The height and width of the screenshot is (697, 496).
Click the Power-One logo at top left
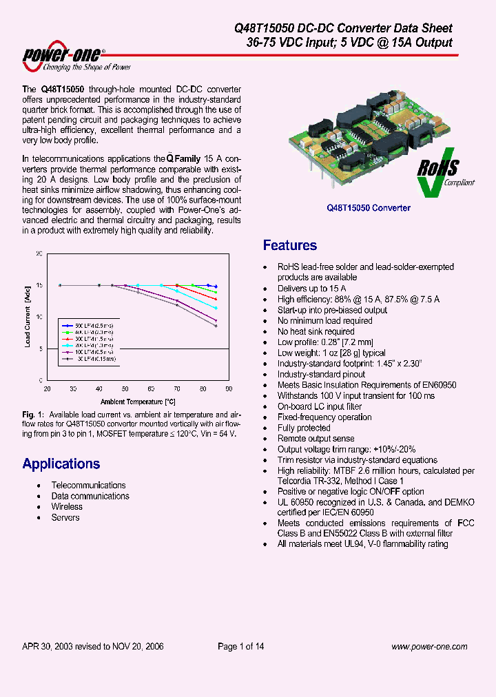76,59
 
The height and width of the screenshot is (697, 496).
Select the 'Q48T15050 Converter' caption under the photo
369,207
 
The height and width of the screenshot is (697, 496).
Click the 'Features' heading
290,246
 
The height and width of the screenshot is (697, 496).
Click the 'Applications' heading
61,464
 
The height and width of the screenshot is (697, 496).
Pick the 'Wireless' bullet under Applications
67,506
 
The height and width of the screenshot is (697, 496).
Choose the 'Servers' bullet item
65,517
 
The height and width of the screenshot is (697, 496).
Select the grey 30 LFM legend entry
85,359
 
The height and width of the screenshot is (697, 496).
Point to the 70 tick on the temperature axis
177,389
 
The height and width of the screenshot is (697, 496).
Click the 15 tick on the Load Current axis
39,284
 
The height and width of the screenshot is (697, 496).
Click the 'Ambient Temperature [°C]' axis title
138,401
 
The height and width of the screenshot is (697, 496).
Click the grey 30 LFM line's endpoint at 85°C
216,326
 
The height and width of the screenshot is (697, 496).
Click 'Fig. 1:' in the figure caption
33,414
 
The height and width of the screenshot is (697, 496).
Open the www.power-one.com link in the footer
429,646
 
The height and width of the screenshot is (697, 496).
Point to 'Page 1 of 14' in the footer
241,646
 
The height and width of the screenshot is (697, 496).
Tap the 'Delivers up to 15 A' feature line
311,289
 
